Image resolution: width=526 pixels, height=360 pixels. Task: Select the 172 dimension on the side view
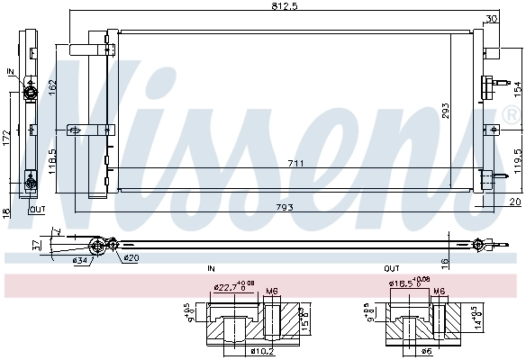pos(5,139)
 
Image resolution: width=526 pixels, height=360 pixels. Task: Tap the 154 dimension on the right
pos(518,88)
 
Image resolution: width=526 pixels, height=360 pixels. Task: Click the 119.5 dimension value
pos(518,157)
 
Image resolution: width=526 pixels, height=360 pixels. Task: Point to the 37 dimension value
pos(36,244)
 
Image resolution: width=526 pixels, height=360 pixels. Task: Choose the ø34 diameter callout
pos(81,262)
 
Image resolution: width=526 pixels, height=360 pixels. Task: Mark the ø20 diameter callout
pos(131,258)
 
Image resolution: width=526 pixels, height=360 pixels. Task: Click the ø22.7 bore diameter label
pos(230,288)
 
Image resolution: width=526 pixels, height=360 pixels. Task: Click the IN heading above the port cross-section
pos(211,268)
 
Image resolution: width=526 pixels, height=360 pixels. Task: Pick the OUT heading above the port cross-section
pos(391,268)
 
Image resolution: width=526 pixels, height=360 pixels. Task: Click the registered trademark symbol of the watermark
pos(512,114)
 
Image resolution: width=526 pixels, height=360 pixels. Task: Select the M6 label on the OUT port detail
pos(439,291)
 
